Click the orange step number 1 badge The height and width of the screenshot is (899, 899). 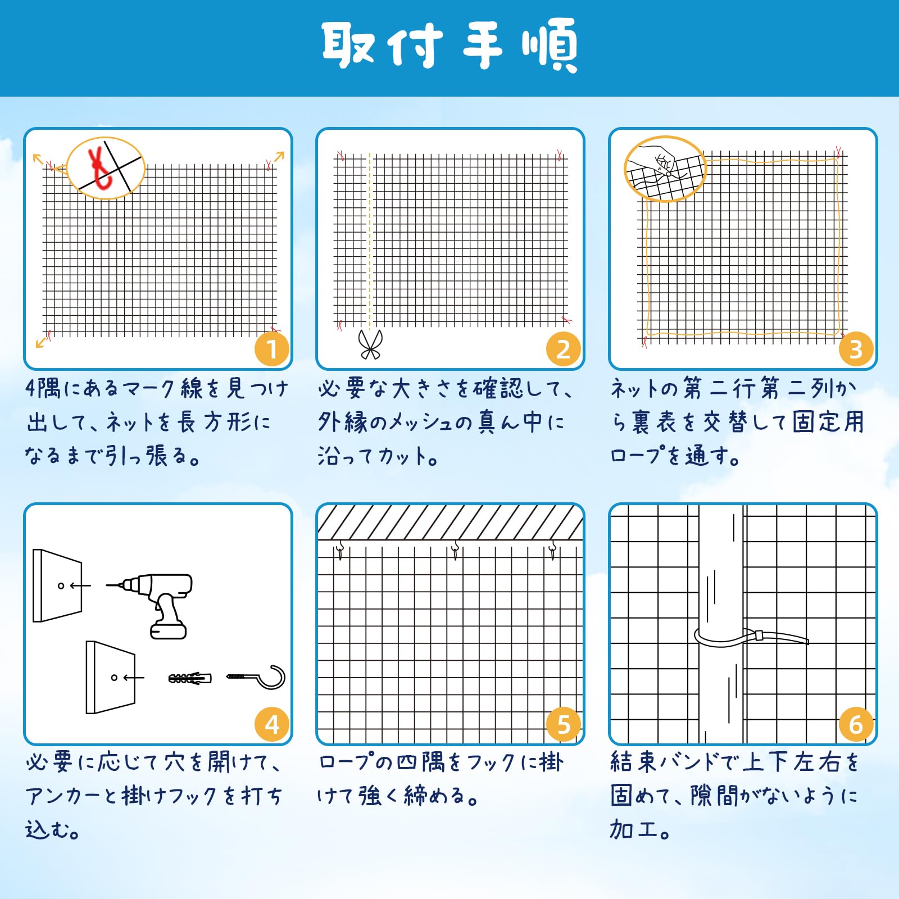coord(272,349)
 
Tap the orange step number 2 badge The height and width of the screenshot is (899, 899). coord(564,349)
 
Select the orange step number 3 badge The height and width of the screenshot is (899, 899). coord(856,349)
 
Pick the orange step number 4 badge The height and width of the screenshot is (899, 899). coord(272,725)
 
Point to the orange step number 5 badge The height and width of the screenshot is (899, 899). coord(564,725)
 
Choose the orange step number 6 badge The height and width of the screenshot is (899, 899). coord(856,725)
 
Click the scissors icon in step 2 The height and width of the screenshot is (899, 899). coord(370,344)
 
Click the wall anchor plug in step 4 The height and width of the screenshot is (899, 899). coord(190,678)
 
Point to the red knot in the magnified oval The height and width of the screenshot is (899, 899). coord(100,167)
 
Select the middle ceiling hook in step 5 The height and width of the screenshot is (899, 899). coord(455,550)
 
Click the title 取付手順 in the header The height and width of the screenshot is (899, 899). coord(450,45)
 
